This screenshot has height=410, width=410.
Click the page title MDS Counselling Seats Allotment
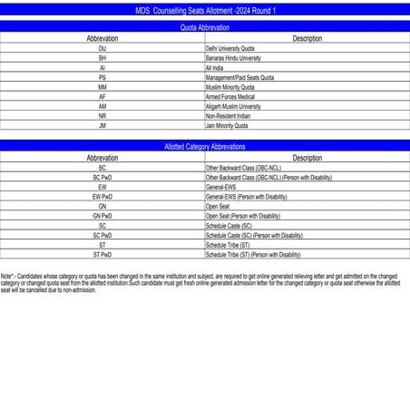(x=204, y=9)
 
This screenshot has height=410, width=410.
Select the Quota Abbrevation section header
(x=204, y=29)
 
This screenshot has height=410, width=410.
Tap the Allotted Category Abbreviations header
(x=204, y=146)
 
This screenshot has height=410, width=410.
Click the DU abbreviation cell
(x=102, y=48)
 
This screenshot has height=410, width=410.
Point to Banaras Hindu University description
(x=233, y=58)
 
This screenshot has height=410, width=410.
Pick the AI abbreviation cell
(x=102, y=68)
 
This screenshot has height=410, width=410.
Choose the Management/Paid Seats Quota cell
(x=239, y=78)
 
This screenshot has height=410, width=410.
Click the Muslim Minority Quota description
(x=229, y=87)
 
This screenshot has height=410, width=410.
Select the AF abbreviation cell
(x=102, y=97)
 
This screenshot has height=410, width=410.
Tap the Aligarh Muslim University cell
(x=233, y=106)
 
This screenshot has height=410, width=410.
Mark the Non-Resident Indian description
(x=228, y=116)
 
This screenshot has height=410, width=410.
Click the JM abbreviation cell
(x=102, y=126)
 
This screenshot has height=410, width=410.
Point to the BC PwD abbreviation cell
(x=102, y=178)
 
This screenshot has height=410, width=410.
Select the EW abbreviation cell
(x=102, y=187)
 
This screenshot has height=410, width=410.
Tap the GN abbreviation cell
(x=102, y=207)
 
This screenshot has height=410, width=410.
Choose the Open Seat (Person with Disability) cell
(x=243, y=216)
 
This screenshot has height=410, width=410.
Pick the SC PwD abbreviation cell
(x=102, y=236)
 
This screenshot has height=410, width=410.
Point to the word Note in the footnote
(x=7, y=274)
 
